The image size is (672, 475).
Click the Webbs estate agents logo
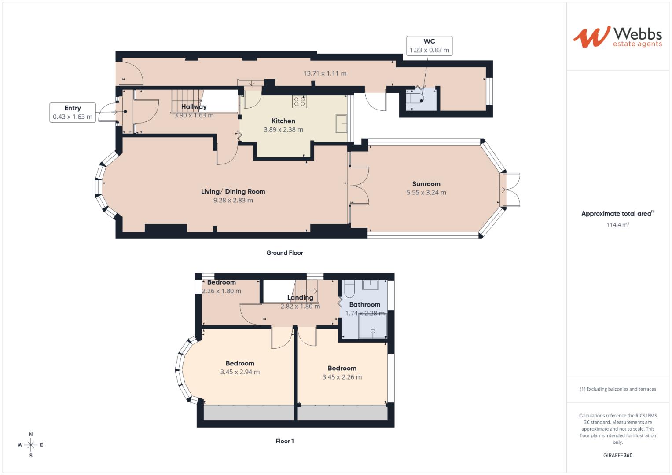[617, 37]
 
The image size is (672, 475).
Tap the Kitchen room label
[283, 121]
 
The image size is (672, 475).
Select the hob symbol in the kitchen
[300, 102]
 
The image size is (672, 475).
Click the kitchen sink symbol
[341, 123]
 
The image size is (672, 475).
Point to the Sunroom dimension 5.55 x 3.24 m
[426, 193]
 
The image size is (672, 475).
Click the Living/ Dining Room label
[233, 191]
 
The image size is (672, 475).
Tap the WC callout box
[429, 46]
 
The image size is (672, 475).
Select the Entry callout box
[73, 113]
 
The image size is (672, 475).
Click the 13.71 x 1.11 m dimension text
[325, 73]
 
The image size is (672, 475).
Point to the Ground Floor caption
[284, 253]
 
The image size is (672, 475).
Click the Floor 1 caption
[284, 441]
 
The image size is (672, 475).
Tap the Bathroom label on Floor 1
[364, 304]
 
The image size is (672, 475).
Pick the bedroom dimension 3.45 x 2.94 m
[240, 372]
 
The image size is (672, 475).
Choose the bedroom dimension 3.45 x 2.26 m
[342, 377]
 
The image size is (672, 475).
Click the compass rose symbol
[31, 445]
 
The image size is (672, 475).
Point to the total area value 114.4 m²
[617, 225]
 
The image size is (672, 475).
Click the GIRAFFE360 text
[617, 456]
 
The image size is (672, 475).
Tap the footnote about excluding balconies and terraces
[617, 389]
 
